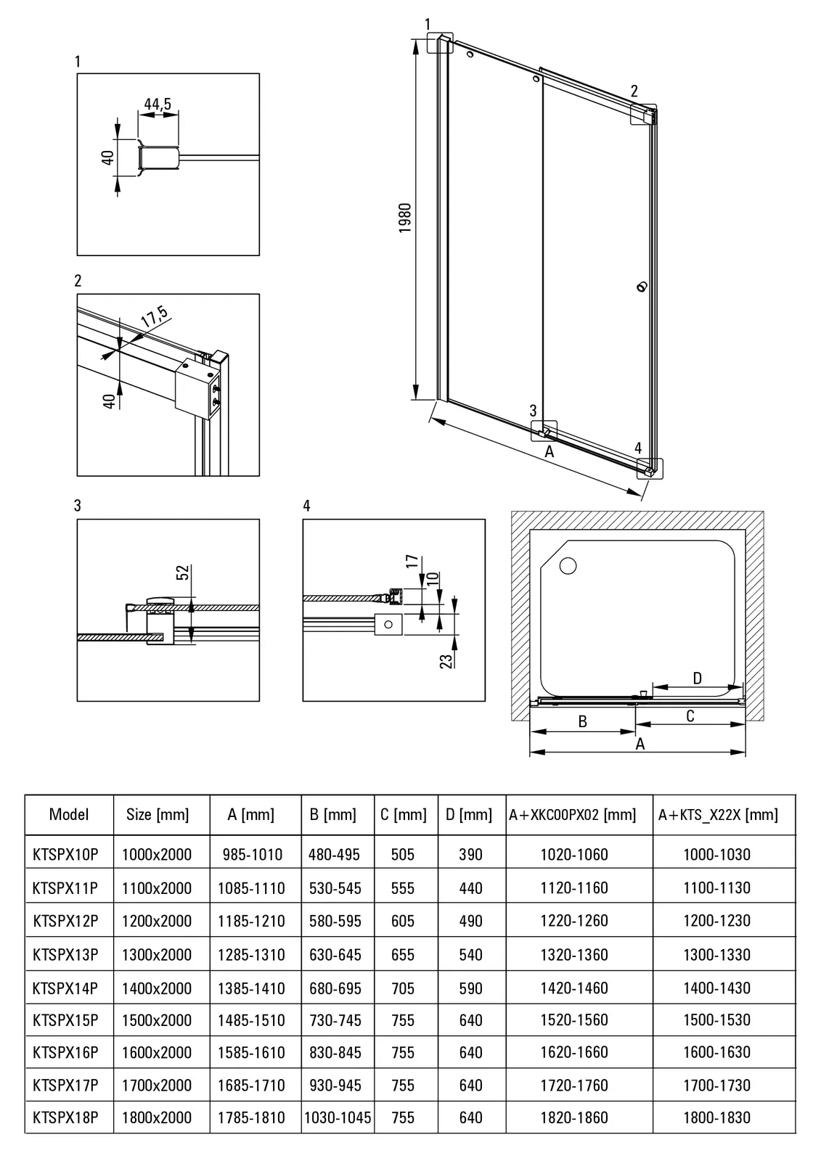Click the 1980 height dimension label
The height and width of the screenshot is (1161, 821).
coord(405,218)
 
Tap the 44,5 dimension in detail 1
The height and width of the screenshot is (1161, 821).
coord(158,104)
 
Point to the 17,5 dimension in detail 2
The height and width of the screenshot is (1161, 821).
coord(154,317)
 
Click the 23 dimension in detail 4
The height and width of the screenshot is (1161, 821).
coord(446,660)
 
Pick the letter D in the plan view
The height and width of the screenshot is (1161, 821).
coord(697,678)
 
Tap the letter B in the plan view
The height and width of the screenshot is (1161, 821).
coord(582,721)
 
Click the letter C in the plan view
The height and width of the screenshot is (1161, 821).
coord(690,716)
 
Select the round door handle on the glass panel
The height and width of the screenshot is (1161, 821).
coord(640,287)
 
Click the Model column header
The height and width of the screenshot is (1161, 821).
coord(69,814)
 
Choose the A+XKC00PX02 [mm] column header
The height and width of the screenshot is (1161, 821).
coord(573,815)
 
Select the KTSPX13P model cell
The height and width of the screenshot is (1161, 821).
coord(65,954)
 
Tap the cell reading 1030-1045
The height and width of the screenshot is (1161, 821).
coord(338,1117)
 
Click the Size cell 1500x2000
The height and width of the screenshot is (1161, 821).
coord(157,1020)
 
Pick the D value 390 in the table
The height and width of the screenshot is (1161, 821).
coord(470,854)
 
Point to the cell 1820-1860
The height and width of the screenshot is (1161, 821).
coord(574,1117)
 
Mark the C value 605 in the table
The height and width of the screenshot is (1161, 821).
coord(403,921)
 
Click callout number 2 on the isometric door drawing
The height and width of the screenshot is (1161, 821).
coord(634,91)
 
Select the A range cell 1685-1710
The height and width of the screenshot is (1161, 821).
coord(251,1086)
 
